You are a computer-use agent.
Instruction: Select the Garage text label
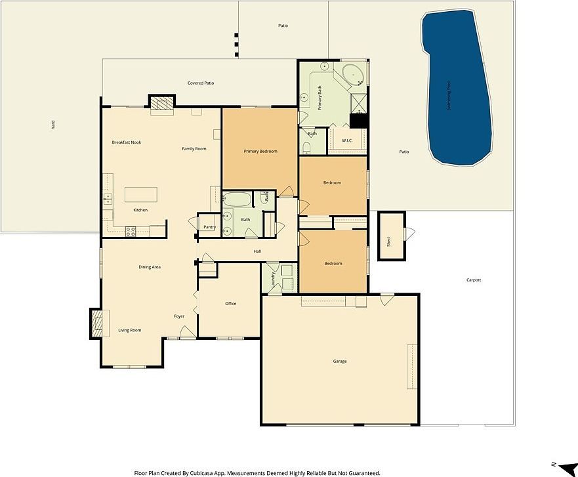click(339, 362)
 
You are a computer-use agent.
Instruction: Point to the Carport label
click(473, 280)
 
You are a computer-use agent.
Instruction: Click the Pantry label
click(209, 227)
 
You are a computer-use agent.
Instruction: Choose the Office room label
click(230, 304)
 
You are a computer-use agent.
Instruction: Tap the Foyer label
click(179, 316)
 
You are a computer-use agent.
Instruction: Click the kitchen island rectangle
click(141, 195)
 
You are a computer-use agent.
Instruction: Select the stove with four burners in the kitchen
click(130, 231)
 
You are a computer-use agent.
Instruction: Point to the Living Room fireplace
click(96, 323)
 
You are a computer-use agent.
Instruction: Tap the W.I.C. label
click(347, 140)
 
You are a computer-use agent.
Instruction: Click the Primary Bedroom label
click(260, 152)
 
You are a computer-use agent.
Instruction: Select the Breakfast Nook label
click(127, 142)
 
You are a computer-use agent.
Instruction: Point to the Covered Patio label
click(201, 83)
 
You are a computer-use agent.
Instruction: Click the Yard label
click(52, 125)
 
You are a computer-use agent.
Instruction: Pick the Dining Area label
click(150, 267)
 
